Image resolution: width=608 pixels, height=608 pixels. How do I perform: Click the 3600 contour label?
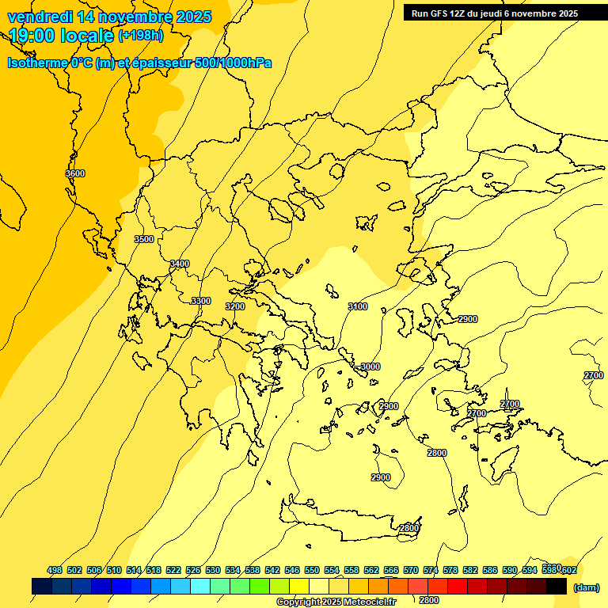75,173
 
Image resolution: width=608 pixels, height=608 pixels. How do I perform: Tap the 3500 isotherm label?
144,239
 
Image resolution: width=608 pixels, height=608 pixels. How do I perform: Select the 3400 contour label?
180,264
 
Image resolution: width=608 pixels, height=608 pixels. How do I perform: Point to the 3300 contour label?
201,301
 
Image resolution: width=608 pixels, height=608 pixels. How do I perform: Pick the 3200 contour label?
235,306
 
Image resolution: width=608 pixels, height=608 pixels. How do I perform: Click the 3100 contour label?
358,306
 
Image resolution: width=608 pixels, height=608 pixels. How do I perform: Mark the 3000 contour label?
370,367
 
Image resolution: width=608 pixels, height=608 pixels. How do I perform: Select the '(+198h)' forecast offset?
141,35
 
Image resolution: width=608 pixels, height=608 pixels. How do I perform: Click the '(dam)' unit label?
586,587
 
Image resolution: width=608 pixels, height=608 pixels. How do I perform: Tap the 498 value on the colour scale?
55,570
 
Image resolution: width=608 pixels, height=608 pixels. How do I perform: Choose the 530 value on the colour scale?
213,570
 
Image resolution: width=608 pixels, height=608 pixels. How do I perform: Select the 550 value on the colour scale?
312,570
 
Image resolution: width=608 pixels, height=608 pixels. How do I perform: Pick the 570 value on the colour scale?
411,570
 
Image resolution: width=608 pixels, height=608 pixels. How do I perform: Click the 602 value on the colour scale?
568,570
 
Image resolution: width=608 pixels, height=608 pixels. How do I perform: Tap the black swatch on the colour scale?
557,587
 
